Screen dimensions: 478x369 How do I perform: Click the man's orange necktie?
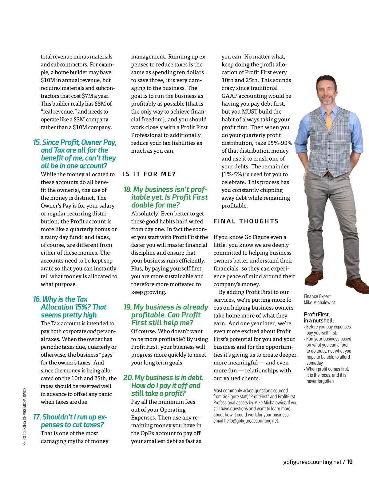(329, 120)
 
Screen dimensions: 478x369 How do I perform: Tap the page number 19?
(349, 462)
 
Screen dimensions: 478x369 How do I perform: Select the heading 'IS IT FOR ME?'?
(149, 174)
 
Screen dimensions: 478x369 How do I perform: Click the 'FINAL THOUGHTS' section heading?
(246, 221)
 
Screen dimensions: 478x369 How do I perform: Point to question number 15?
(37, 143)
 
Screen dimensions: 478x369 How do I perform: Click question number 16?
(37, 299)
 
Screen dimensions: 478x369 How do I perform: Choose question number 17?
(37, 417)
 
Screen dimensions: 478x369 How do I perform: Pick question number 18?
(127, 190)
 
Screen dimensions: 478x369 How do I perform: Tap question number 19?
(127, 307)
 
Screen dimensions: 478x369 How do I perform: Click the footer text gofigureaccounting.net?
(312, 462)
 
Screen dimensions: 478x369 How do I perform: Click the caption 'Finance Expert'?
(317, 296)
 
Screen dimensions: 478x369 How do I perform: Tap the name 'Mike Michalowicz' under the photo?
(319, 303)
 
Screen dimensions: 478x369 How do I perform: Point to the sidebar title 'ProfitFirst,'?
(317, 315)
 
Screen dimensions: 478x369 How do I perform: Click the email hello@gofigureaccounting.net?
(251, 421)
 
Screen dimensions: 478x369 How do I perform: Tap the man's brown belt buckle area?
(330, 175)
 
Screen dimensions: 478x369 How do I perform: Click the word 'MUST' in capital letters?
(249, 112)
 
